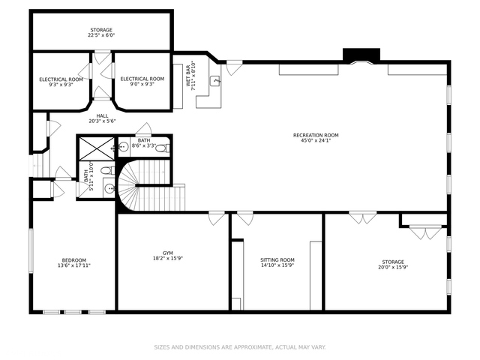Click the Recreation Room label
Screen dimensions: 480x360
click(316, 135)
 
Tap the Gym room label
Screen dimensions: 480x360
click(168, 253)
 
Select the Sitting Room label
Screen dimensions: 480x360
click(277, 260)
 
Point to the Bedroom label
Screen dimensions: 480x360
click(74, 260)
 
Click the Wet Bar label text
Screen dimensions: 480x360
click(187, 75)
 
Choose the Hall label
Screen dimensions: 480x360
click(102, 116)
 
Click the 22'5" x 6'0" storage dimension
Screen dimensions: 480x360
click(101, 35)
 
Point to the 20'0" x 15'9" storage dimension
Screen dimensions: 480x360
click(393, 267)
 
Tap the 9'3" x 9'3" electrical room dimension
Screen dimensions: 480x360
click(61, 85)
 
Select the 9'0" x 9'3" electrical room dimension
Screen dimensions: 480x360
click(142, 84)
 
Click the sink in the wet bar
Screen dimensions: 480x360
click(215, 81)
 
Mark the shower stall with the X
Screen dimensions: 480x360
click(97, 148)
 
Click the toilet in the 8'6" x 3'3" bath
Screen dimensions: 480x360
click(163, 148)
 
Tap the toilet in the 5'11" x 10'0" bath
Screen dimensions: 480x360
click(108, 170)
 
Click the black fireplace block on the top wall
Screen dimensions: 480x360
click(361, 55)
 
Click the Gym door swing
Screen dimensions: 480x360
click(217, 218)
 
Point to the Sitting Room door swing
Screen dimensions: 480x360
click(245, 218)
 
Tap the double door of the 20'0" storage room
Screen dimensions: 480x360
click(363, 217)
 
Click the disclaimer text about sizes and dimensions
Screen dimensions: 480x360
click(240, 347)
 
